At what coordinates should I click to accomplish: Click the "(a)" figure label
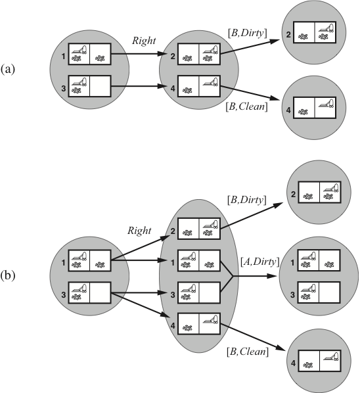[x=8, y=70]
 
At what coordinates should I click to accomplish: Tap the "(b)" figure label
[x=8, y=275]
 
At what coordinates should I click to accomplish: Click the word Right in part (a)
[x=144, y=41]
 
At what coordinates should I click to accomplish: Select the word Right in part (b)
[x=139, y=231]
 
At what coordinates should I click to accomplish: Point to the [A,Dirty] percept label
[x=259, y=262]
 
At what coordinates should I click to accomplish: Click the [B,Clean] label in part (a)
[x=246, y=106]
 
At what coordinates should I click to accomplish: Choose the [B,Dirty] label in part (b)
[x=246, y=200]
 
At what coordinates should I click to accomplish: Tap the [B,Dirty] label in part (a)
[x=247, y=33]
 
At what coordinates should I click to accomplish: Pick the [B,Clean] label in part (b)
[x=248, y=352]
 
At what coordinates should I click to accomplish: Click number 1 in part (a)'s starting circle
[x=64, y=57]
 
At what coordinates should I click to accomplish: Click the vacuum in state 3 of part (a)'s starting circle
[x=79, y=82]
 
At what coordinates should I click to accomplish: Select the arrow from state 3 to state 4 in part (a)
[x=139, y=87]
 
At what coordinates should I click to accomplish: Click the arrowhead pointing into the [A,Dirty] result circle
[x=272, y=276]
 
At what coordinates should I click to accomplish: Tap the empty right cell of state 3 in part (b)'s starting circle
[x=101, y=292]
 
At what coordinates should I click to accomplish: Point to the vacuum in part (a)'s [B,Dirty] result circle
[x=326, y=28]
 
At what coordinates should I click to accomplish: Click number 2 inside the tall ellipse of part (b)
[x=173, y=231]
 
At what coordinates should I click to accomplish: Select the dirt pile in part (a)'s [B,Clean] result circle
[x=303, y=112]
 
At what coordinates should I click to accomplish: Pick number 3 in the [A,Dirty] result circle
[x=292, y=294]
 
